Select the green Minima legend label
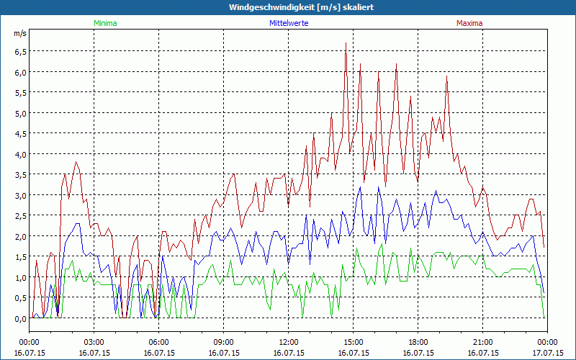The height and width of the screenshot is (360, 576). coord(104,23)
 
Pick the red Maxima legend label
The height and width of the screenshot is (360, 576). coord(469,23)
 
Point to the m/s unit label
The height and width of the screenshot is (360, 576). coord(19,33)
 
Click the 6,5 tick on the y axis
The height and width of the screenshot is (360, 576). coord(19,52)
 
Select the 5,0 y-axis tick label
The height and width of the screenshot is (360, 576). coord(19,113)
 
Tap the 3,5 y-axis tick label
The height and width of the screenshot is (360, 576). coord(19,175)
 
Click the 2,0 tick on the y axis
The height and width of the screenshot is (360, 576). coord(19,236)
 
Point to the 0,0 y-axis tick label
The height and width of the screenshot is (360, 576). coord(19,318)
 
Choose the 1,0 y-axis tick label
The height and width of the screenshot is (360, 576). coord(19,277)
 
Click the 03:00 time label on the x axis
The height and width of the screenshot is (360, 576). coord(94,342)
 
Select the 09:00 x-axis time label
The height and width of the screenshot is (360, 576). coord(224,342)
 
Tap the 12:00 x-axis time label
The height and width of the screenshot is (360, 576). coord(289,342)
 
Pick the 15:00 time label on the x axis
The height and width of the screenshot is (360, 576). coord(354,342)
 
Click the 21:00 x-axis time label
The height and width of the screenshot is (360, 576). coord(483,342)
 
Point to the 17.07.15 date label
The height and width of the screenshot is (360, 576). coord(548,354)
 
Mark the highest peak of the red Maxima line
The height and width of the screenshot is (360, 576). coord(346,43)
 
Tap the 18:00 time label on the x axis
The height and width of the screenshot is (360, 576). coord(418,342)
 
